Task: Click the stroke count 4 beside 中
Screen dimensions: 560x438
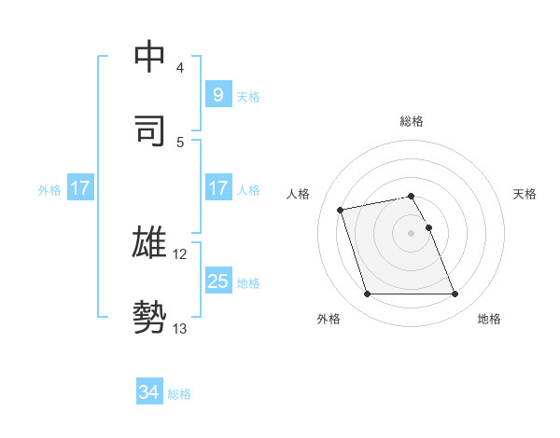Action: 180,67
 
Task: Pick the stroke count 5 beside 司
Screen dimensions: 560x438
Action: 180,142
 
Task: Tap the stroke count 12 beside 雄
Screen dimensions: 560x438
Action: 180,253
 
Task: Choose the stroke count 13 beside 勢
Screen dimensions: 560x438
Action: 180,328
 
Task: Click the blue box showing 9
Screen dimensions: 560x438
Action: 217,94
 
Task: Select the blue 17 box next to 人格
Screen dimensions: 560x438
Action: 217,188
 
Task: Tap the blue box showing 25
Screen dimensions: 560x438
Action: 217,281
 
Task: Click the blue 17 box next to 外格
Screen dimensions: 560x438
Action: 80,188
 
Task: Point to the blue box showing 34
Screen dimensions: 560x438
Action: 148,392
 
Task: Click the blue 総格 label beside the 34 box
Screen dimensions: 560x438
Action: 179,394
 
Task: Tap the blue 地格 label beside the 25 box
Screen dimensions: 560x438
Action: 248,283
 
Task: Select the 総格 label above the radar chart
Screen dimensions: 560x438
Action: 412,121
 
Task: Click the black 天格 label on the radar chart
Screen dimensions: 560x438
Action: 525,194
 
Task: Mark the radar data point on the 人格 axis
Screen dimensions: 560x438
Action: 341,209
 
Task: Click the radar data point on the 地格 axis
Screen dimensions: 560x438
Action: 455,294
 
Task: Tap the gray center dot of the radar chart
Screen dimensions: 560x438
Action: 412,233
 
